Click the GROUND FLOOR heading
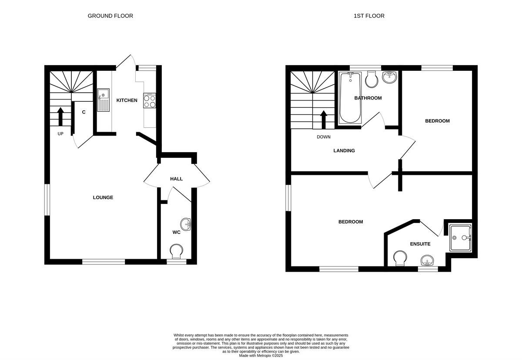[x=110, y=16]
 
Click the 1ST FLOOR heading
[x=369, y=16]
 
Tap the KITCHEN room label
[x=127, y=100]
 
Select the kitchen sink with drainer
[x=104, y=100]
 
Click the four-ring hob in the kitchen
[x=150, y=101]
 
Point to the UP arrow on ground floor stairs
[x=60, y=116]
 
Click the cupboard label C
[x=84, y=112]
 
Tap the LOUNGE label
[x=103, y=197]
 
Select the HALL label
[x=176, y=179]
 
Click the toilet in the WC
[x=177, y=252]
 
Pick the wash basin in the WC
[x=186, y=225]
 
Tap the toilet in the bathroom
[x=372, y=79]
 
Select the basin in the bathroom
[x=389, y=77]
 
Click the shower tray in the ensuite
[x=460, y=238]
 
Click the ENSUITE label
[x=420, y=244]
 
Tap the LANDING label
[x=344, y=151]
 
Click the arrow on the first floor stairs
[x=324, y=120]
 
